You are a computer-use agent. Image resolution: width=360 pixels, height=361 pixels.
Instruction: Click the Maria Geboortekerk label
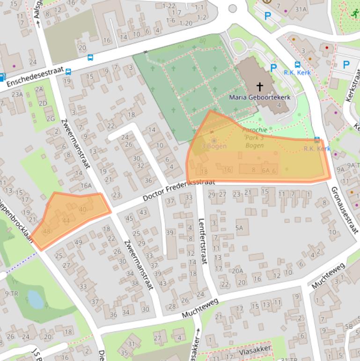pos(260,97)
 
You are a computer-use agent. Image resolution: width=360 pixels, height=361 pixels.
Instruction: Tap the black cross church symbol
pos(260,87)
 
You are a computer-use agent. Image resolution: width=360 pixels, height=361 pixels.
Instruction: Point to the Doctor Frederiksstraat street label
pos(179,189)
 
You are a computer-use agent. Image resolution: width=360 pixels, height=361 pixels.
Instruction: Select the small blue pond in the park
pos(36,298)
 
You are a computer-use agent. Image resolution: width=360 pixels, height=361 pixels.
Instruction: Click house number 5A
pos(240,228)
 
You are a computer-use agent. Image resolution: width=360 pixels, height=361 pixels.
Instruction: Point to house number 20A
pos(237,270)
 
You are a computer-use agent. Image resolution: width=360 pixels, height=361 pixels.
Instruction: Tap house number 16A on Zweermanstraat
pos(86,186)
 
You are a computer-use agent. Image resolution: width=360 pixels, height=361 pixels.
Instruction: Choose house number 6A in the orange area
pos(266,170)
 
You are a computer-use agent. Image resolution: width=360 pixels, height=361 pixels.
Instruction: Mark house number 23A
pos(17,94)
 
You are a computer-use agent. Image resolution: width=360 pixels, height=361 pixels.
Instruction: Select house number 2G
pos(50,119)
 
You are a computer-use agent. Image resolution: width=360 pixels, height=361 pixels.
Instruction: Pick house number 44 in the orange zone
pos(66,220)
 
